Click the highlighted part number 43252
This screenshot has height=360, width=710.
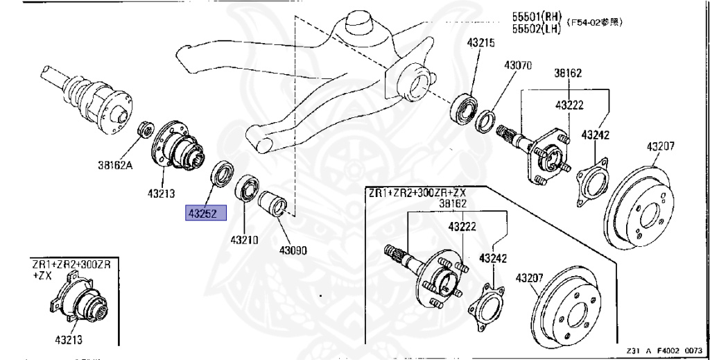(x=205, y=213)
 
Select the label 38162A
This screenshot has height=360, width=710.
(x=117, y=165)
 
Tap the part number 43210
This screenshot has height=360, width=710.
(x=244, y=240)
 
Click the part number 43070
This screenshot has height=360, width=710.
(x=517, y=65)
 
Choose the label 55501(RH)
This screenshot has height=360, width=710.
(x=537, y=17)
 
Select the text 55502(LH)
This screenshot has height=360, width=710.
(x=537, y=28)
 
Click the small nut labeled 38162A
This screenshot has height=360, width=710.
(x=146, y=129)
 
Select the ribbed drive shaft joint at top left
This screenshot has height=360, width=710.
(x=87, y=96)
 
